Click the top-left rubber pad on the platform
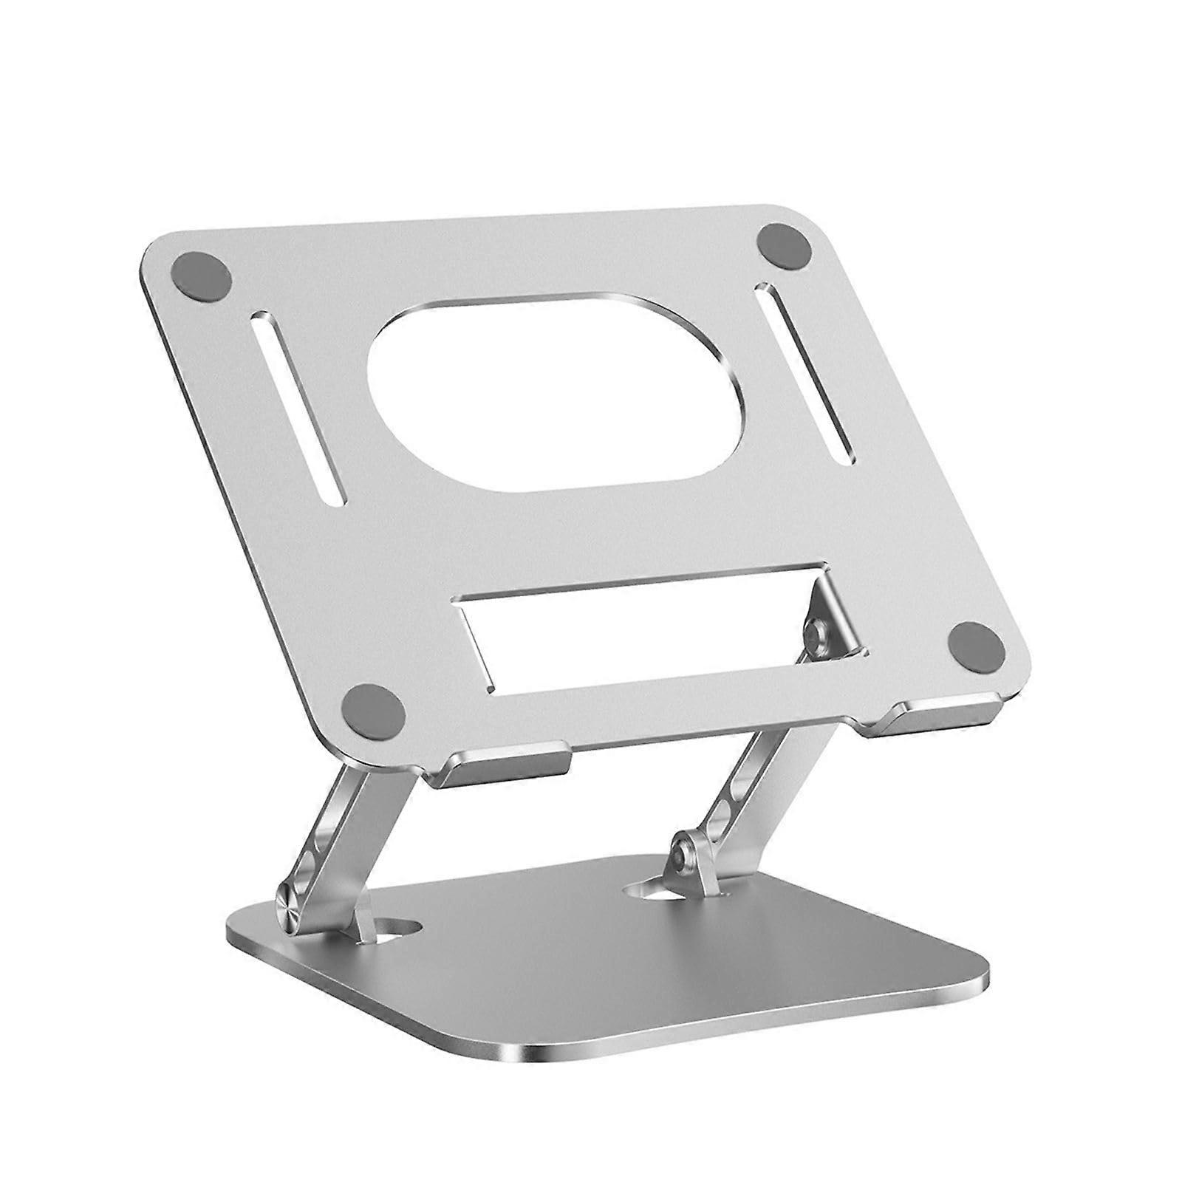(x=201, y=279)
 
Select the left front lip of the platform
(x=502, y=764)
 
